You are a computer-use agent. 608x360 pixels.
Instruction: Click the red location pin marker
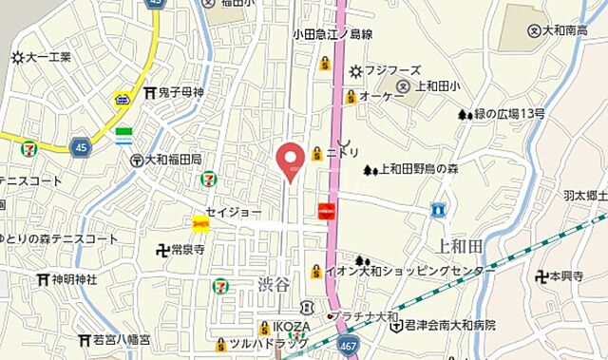[x=290, y=160]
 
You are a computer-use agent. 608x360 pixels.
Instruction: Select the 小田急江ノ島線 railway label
[x=332, y=33]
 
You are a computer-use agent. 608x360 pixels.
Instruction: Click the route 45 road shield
[x=80, y=146]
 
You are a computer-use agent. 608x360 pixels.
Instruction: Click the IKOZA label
[x=282, y=328]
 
